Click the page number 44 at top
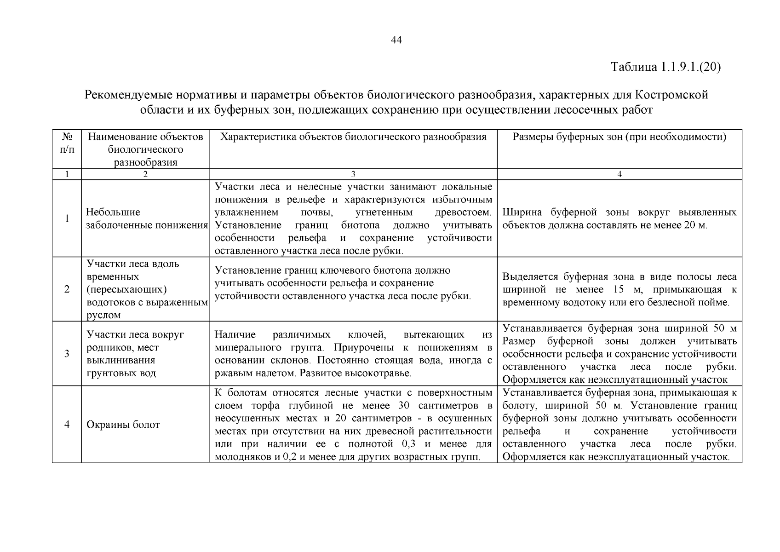pyautogui.click(x=396, y=40)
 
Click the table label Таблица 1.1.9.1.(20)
pyautogui.click(x=665, y=67)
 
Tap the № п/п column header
pyautogui.click(x=67, y=143)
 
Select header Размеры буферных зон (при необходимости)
pyautogui.click(x=619, y=137)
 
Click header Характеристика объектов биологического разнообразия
pyautogui.click(x=353, y=137)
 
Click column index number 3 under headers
pyautogui.click(x=353, y=174)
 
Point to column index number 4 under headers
pyautogui.click(x=619, y=174)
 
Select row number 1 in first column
pyautogui.click(x=67, y=218)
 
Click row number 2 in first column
pyautogui.click(x=67, y=289)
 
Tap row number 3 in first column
pyautogui.click(x=67, y=354)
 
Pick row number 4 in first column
pyautogui.click(x=67, y=425)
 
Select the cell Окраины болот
pyautogui.click(x=123, y=425)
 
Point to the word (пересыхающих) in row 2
pyautogui.click(x=127, y=290)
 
